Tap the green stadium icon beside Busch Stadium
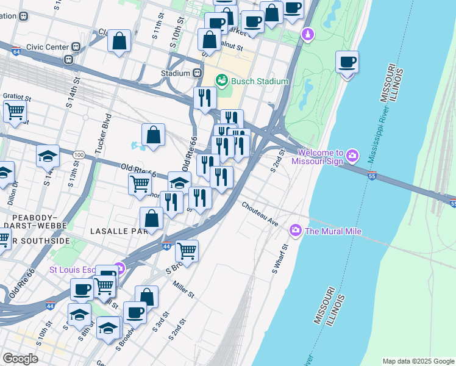222,81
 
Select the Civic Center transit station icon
76,46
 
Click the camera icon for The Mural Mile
296,231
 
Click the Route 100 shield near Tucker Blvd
79,155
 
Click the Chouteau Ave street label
260,214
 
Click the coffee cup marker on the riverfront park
347,62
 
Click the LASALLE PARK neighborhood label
116,231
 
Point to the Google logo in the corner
21,358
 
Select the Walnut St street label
231,46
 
